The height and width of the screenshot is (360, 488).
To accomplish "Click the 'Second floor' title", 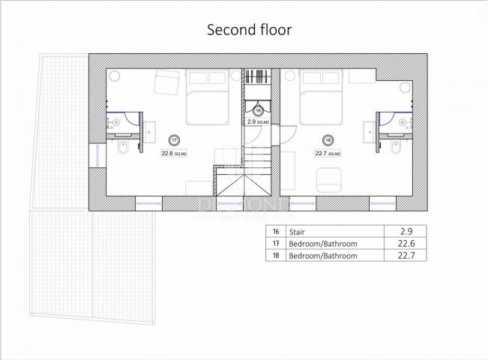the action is click(x=250, y=30).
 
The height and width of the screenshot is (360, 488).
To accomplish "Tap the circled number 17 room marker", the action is click(x=174, y=140).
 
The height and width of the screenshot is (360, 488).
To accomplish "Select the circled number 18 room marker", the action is click(x=328, y=140).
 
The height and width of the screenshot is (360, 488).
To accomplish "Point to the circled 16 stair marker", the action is click(x=258, y=110).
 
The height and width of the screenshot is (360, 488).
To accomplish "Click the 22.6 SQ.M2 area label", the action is click(x=174, y=153).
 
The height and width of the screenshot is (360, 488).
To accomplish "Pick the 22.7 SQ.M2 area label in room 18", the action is click(x=328, y=153).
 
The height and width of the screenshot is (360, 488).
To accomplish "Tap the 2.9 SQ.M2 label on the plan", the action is click(x=258, y=121).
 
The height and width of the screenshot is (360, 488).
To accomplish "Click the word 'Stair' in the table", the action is click(x=297, y=232).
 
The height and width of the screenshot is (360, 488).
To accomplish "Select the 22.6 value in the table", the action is click(x=406, y=243).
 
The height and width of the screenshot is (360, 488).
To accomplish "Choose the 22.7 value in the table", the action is click(x=406, y=255).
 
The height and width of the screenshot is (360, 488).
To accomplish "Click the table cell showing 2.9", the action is click(x=406, y=231).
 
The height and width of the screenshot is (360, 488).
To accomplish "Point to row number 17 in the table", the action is click(x=276, y=243).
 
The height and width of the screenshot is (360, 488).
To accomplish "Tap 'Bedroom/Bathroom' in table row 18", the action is click(x=323, y=256).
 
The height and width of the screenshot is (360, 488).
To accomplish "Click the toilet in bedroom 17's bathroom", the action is click(x=122, y=148).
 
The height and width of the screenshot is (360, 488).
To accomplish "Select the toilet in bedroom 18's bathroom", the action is click(x=395, y=148).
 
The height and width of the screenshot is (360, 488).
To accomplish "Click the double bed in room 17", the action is click(x=208, y=97).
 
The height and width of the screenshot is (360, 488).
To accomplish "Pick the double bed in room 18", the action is click(x=321, y=97).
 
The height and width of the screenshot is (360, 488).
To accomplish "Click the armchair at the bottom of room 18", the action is click(x=328, y=180).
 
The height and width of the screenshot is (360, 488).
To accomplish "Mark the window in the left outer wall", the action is click(x=97, y=155).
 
